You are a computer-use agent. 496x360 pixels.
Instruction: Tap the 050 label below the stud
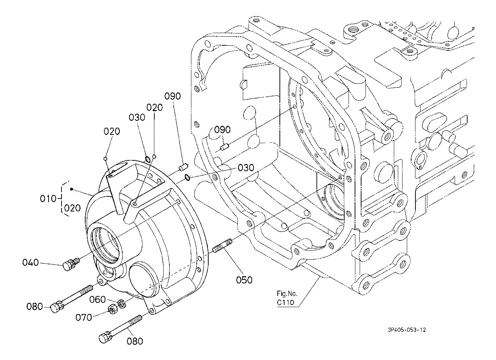[245, 279]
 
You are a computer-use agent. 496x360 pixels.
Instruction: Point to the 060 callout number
[98, 300]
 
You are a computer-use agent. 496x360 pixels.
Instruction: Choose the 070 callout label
[83, 317]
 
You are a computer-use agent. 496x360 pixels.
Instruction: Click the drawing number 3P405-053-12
[406, 330]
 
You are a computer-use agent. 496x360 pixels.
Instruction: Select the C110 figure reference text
[286, 302]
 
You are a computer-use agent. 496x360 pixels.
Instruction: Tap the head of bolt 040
[68, 266]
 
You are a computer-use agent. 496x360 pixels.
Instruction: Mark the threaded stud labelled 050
[222, 246]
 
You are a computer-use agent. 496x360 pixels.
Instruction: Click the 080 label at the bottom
[135, 341]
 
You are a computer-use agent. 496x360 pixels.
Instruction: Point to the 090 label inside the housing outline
[222, 130]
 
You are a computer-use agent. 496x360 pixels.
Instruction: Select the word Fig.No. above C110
[285, 293]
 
